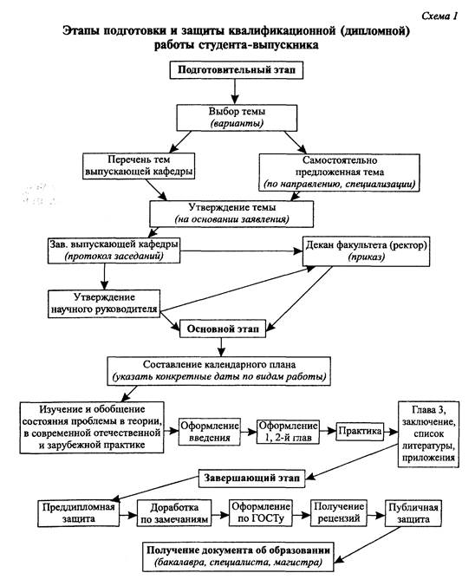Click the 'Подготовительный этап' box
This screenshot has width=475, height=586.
236,70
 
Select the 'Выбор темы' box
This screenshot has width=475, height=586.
237,118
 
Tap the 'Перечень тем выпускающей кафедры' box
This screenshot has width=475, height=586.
139,166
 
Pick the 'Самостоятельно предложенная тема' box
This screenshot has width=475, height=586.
339,173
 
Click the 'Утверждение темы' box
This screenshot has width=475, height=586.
231,214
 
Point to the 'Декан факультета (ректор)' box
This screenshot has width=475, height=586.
367,251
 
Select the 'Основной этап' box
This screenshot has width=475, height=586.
223,329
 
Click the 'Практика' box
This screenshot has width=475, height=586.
360,432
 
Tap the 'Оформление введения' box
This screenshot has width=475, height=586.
209,432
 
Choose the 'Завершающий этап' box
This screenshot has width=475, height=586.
251,478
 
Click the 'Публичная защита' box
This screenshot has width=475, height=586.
413,513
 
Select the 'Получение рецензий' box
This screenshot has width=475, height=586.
339,513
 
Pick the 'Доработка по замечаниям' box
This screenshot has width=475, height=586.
174,513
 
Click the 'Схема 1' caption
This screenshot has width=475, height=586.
439,16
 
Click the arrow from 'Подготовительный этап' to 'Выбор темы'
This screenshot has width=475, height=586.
234,92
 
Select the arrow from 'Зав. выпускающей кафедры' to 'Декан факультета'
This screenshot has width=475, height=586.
241,251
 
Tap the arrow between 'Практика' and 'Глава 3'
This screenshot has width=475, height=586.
391,432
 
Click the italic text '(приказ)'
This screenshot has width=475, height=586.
367,257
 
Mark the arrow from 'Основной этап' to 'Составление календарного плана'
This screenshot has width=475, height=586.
222,348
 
